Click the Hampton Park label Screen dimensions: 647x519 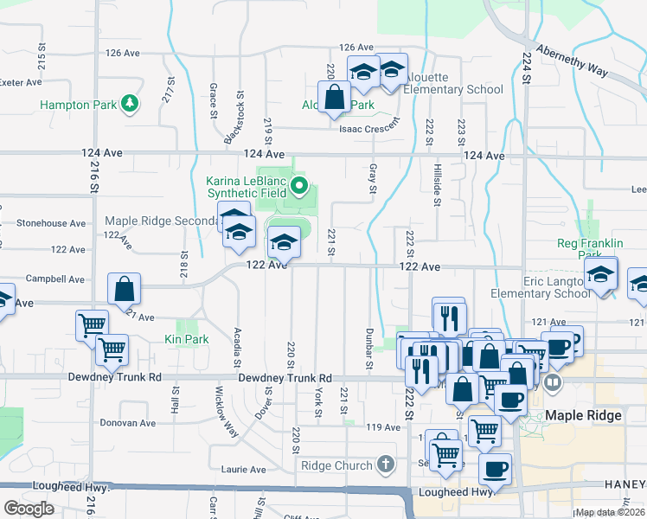point(78,105)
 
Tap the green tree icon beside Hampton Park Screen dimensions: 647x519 point(130,105)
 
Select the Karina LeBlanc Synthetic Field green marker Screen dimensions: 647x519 point(299,185)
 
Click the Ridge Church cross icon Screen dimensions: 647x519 point(385,465)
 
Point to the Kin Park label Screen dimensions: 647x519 point(187,340)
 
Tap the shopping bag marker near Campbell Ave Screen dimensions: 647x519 point(125,289)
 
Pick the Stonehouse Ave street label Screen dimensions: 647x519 point(52,223)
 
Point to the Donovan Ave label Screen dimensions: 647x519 point(128,423)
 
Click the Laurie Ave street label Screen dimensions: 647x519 point(244,470)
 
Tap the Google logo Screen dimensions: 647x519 point(29,509)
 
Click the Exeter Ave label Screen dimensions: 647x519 point(21,83)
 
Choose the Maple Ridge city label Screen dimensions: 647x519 point(583,416)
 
